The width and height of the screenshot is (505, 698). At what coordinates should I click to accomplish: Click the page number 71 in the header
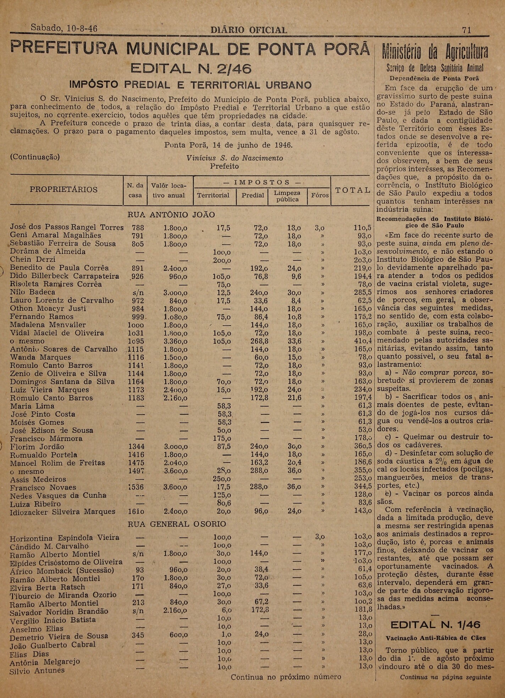click(x=467, y=30)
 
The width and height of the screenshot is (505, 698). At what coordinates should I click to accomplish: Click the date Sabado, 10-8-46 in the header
click(x=64, y=28)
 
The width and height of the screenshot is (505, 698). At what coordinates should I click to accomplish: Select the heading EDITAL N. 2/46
click(x=191, y=69)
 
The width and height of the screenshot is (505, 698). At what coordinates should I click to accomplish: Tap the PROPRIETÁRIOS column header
click(x=64, y=190)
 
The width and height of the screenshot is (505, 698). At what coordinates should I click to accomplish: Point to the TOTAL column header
click(x=353, y=190)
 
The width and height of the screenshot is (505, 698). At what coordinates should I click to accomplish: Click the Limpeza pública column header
click(x=287, y=196)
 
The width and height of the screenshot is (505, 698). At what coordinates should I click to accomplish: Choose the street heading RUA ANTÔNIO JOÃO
click(x=171, y=215)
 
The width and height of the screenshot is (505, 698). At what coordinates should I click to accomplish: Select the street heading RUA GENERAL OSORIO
click(x=176, y=524)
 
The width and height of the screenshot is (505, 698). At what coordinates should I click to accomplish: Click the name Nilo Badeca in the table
click(x=33, y=292)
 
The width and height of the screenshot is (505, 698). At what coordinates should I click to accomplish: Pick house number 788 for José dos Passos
click(x=138, y=228)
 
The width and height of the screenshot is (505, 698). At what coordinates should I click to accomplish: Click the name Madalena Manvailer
click(x=48, y=325)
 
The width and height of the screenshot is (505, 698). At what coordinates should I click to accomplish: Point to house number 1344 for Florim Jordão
click(x=137, y=447)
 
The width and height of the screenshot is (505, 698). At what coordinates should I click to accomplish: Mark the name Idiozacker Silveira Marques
click(x=62, y=512)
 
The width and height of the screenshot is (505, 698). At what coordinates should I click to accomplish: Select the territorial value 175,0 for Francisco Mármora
click(x=222, y=438)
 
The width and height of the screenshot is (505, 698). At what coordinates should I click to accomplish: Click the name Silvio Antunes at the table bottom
click(x=37, y=671)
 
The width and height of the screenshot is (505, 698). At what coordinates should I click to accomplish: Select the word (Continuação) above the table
click(x=35, y=157)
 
